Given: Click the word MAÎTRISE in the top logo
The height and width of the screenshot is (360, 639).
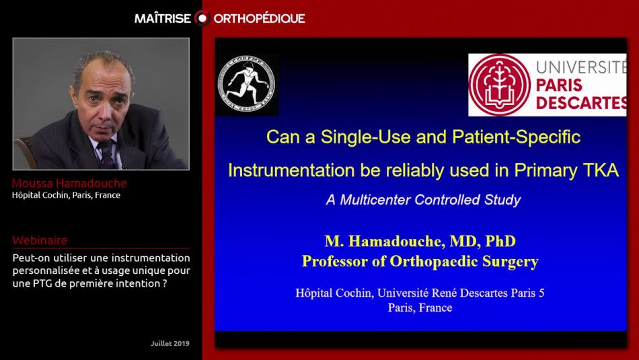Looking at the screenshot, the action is point(163,18).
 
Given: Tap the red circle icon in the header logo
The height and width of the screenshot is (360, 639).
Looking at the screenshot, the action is point(202,18).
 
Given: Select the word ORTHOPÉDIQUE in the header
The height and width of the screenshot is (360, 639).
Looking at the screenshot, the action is point(259,18).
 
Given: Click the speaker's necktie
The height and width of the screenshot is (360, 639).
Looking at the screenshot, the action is point(107,153).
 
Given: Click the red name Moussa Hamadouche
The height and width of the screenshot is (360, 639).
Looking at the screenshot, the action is point(69,184).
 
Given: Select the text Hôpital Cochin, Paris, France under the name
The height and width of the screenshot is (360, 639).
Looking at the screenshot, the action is point(66,195).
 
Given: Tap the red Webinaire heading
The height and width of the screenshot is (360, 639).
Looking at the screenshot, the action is point(40,240).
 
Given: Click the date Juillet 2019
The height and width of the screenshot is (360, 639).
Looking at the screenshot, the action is point(170,343).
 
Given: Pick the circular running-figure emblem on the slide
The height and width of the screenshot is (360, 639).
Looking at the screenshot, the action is point(246,84).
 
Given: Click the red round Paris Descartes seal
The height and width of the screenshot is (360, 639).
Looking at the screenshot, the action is point(499,85).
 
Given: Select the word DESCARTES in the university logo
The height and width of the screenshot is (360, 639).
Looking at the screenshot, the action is point(581,103).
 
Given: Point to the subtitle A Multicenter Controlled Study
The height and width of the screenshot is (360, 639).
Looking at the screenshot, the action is point(423,200).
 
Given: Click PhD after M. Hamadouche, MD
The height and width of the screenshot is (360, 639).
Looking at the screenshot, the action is point(500,241).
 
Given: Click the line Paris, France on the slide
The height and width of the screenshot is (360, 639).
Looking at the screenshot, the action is point(420,308).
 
